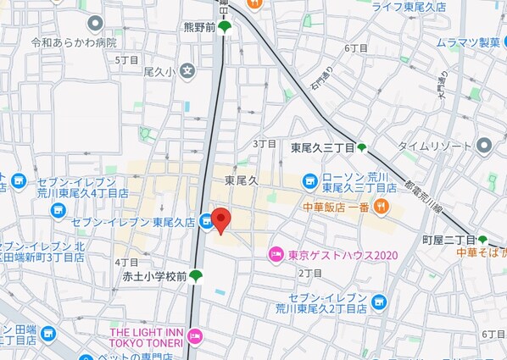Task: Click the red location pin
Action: tap(220, 220)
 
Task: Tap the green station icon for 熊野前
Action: tap(224, 27)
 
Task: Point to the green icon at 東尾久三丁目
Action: tap(362, 147)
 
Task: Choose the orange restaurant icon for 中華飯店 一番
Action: tap(383, 207)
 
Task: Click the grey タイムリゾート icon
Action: tap(484, 145)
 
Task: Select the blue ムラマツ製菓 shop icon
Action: tap(426, 42)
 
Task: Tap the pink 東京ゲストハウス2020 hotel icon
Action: tap(275, 254)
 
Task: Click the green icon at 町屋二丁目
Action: tap(482, 240)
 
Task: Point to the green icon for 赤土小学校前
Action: tap(196, 275)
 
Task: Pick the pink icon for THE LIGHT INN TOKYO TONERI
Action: tap(196, 336)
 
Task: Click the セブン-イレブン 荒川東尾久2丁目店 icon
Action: tap(378, 301)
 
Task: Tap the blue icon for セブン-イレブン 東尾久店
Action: tap(206, 222)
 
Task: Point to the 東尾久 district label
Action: tap(241, 180)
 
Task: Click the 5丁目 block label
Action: tap(127, 60)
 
